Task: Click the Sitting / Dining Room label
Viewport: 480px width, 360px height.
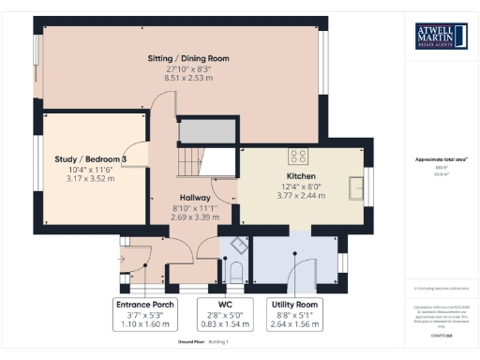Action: pos(187,58)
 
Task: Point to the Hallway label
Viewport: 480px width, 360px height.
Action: pos(196,198)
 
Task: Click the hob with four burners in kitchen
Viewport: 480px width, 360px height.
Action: pos(300,156)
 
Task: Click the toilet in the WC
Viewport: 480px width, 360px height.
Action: pos(234,271)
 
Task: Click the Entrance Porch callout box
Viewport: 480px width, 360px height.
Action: pos(142,314)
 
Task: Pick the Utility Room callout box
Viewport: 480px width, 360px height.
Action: pos(295,314)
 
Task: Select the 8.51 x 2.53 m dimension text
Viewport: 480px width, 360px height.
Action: pos(187,80)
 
